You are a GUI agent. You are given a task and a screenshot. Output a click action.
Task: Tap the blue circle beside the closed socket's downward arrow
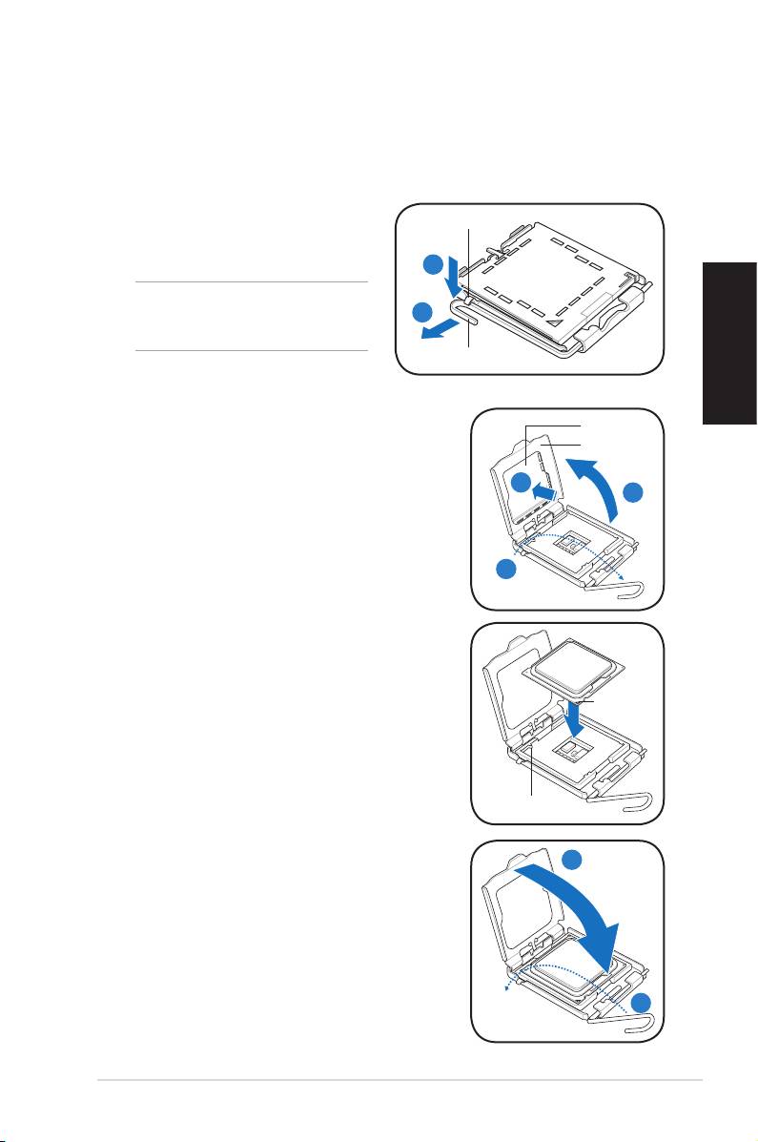(x=433, y=265)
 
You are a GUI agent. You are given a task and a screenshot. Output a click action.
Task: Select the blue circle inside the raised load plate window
(x=522, y=483)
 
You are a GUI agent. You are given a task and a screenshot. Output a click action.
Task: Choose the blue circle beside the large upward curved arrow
(x=635, y=494)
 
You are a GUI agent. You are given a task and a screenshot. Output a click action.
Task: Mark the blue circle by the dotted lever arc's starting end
(x=508, y=571)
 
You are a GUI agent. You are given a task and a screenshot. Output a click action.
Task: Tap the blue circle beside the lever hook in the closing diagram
(x=642, y=1002)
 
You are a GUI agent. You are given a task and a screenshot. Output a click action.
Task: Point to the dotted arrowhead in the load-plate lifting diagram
(x=621, y=577)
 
